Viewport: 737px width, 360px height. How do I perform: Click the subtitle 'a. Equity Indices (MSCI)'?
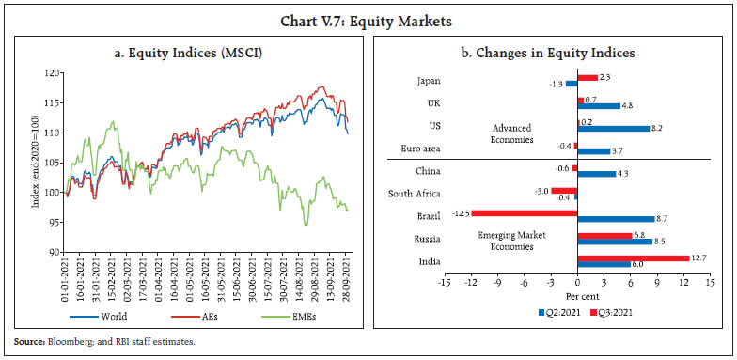tap(188, 49)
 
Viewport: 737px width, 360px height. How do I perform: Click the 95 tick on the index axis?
tap(55, 223)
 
